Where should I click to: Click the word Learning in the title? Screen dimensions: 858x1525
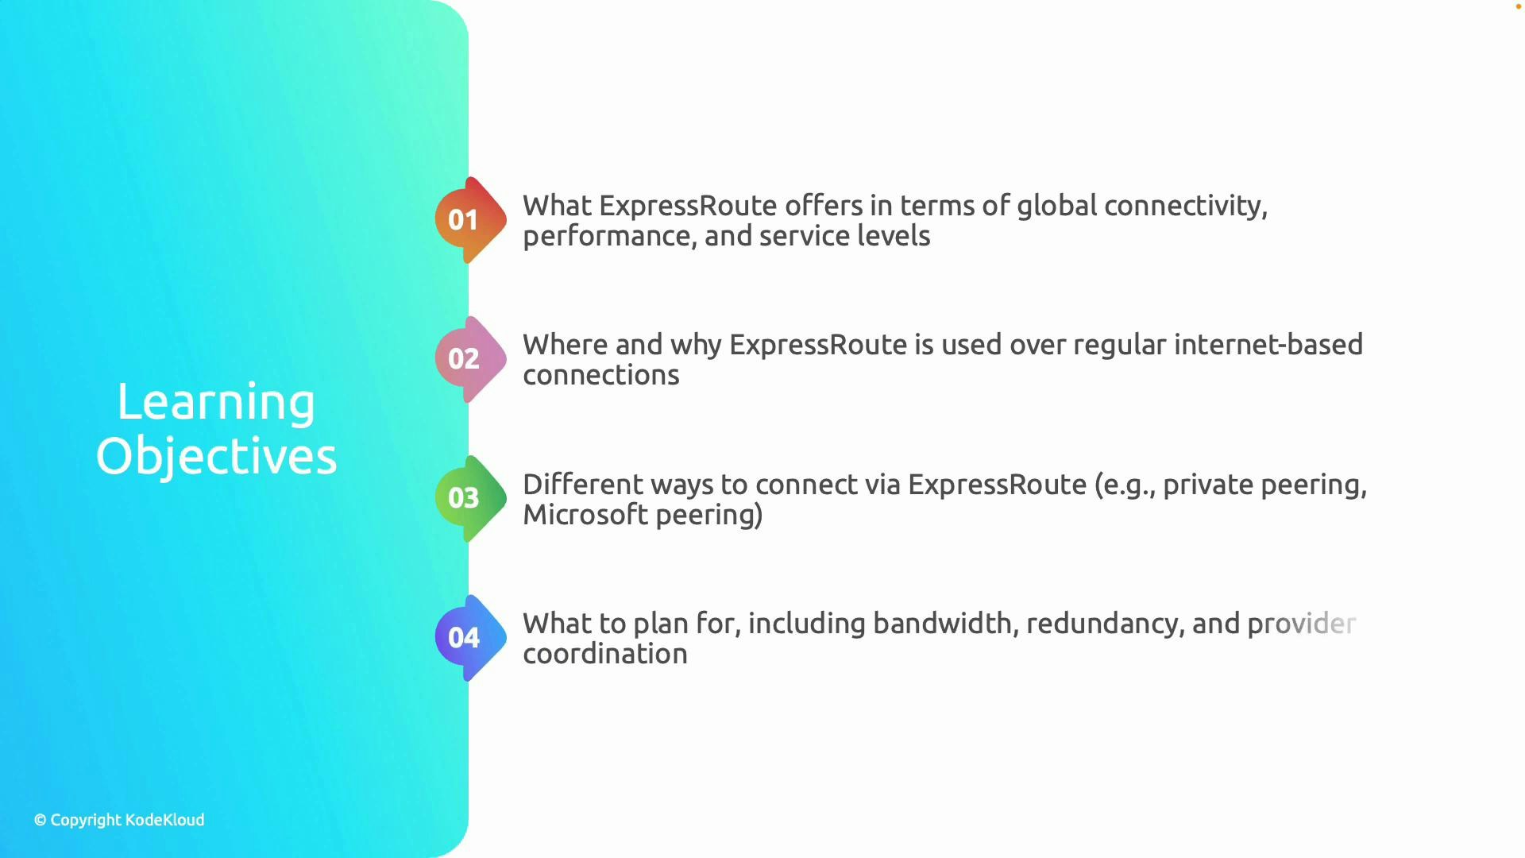coord(216,403)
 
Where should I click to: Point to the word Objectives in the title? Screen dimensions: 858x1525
coord(216,457)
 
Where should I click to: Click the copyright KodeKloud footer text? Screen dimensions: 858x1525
coord(119,820)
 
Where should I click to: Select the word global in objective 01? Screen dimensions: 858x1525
coord(1056,206)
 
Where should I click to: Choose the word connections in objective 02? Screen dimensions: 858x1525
coord(601,375)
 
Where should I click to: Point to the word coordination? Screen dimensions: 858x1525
coord(605,654)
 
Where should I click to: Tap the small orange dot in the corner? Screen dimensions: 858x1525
coord(1518,6)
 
